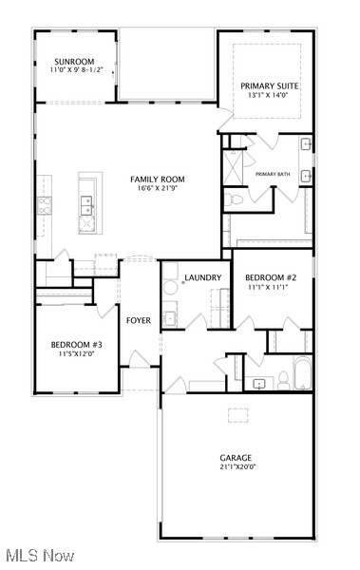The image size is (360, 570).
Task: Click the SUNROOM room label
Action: pos(73,62)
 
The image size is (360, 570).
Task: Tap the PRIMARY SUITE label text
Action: pos(270,86)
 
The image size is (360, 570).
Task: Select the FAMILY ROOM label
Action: pos(158,180)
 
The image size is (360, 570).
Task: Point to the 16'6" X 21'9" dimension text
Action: pos(158,189)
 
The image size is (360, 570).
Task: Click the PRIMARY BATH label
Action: pos(272,174)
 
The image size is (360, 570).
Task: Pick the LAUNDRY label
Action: pos(203,277)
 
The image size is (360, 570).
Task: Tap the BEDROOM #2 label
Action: pos(272,276)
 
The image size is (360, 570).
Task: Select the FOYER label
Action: pos(139,320)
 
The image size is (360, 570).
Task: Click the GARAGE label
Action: pos(237,458)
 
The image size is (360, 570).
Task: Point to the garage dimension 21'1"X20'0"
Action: pos(237,467)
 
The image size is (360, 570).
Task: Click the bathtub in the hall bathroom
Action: pos(302,373)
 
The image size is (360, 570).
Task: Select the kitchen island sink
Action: pos(86,201)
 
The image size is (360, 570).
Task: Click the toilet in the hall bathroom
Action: pos(282,381)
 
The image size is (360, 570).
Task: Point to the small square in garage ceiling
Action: pos(236,414)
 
